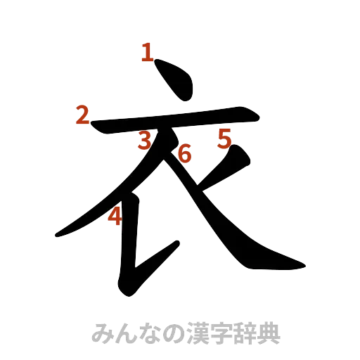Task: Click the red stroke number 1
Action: click(147, 51)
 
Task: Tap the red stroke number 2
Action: click(83, 115)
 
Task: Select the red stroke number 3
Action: click(145, 142)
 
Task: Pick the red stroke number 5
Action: click(224, 139)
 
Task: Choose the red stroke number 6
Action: click(184, 153)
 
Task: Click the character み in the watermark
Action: click(103, 333)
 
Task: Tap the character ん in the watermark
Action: click(124, 333)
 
